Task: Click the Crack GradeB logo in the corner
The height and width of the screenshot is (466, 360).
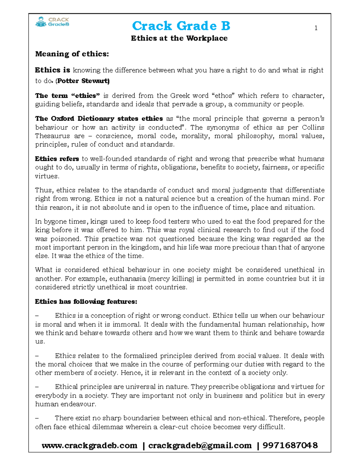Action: (52, 22)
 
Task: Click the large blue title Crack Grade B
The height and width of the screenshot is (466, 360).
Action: (181, 26)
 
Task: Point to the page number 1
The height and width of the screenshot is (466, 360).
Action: (316, 28)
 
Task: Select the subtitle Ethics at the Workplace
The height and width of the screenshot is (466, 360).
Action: (179, 38)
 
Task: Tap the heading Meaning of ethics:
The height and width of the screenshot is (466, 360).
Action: (72, 54)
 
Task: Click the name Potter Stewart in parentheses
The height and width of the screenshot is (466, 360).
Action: (83, 81)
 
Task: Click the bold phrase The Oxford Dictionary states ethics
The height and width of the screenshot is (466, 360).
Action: (99, 119)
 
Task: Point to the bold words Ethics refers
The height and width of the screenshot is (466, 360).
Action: (57, 159)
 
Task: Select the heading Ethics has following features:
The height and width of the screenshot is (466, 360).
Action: (86, 302)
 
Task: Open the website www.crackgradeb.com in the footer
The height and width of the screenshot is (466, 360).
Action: (89, 446)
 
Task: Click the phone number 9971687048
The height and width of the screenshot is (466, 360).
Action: (290, 446)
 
